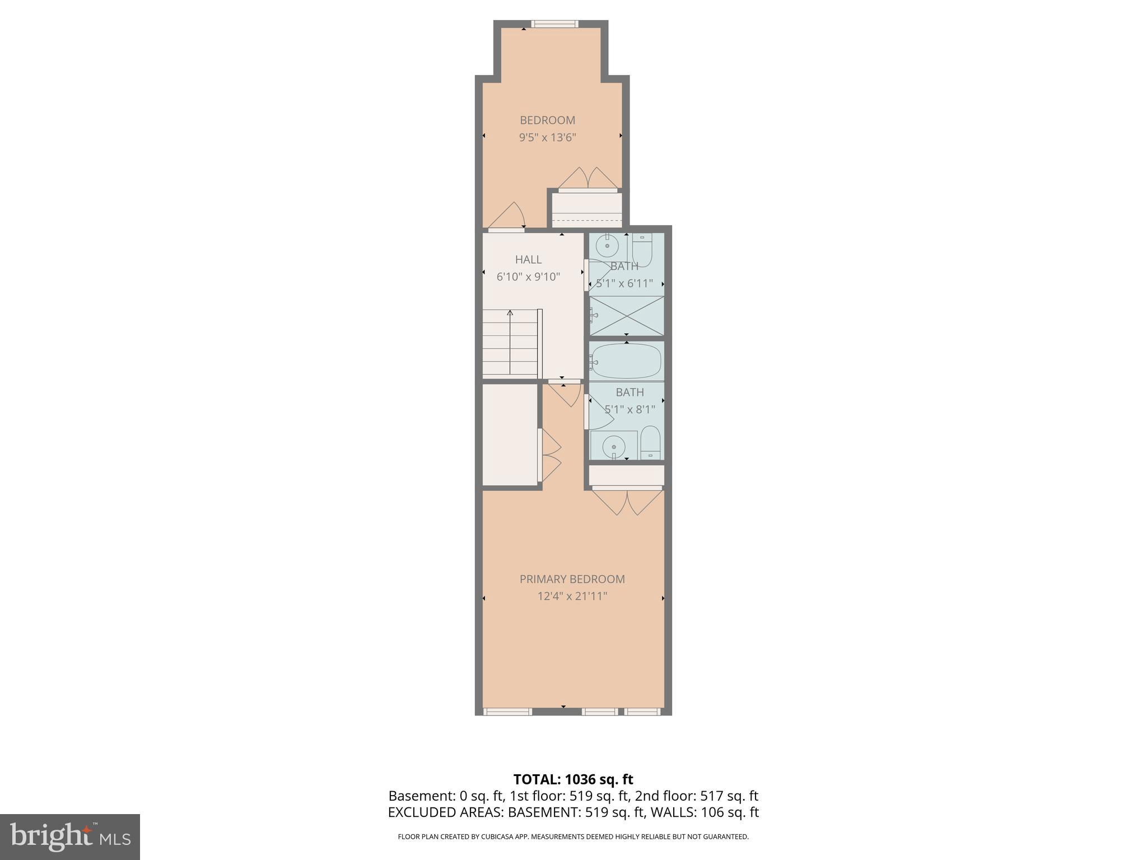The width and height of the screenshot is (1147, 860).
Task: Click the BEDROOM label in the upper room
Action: (547, 120)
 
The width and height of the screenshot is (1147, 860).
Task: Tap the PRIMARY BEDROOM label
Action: (572, 579)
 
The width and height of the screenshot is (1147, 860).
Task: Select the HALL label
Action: (528, 259)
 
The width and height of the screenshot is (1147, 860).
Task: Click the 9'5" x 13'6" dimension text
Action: (547, 137)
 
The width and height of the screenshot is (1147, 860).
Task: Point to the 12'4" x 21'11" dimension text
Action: (572, 596)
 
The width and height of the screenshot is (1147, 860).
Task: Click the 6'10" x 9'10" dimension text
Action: (528, 277)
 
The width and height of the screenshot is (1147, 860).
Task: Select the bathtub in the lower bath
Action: (626, 361)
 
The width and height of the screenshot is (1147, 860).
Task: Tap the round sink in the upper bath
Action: (607, 245)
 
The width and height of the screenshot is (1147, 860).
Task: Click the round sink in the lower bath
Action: (614, 447)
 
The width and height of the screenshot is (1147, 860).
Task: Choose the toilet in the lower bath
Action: (650, 442)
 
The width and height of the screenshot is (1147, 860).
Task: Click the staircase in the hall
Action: (510, 343)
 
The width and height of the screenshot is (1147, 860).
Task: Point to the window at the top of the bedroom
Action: (554, 24)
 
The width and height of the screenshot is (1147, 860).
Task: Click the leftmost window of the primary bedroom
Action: (507, 712)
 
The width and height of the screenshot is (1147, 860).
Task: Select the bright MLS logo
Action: (69, 836)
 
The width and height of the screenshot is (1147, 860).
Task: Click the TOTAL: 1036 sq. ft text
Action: (573, 779)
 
